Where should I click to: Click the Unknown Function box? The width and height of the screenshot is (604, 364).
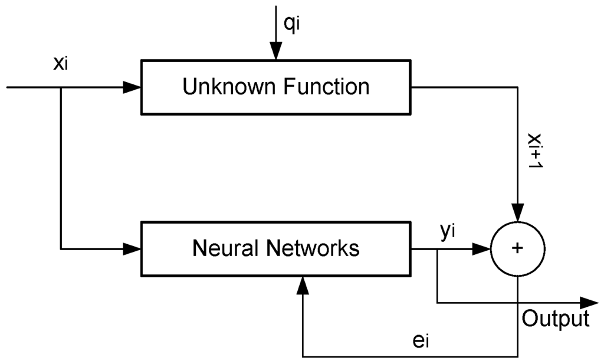coord(276,87)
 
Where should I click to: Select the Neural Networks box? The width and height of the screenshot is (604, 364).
coord(276,248)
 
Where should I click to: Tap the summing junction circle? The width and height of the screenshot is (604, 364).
coord(517,249)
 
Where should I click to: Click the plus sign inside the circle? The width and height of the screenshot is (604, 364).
coord(517,249)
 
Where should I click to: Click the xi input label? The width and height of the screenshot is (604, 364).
coord(61,63)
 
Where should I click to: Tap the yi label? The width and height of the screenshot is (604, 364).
coord(448,231)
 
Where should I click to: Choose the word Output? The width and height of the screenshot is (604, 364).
coord(556,319)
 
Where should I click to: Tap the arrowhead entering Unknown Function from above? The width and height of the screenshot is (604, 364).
coord(275,53)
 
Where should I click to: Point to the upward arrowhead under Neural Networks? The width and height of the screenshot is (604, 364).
coord(303,286)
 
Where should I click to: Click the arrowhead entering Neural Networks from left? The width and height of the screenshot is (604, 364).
coord(133,249)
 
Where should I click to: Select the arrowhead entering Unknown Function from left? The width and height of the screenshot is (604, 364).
coord(133,87)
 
